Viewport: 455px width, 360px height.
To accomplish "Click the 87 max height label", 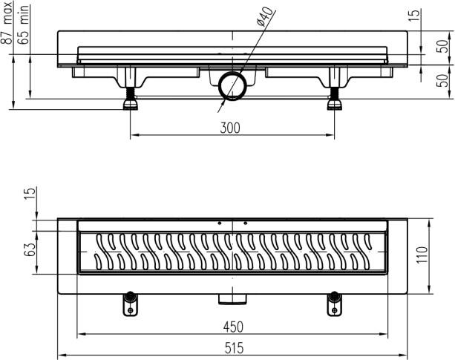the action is pyautogui.click(x=7, y=22).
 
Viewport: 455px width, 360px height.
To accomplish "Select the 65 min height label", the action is pyautogui.click(x=23, y=24).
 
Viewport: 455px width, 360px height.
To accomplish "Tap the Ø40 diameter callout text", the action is pyautogui.click(x=265, y=17).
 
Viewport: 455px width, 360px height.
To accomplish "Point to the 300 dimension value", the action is pyautogui.click(x=230, y=128).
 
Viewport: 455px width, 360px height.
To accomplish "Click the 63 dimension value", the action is pyautogui.click(x=30, y=249).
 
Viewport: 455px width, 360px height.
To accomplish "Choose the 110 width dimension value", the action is pyautogui.click(x=422, y=255).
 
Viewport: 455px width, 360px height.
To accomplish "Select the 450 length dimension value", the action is pyautogui.click(x=233, y=327).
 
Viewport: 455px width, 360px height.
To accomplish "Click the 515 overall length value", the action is pyautogui.click(x=234, y=348).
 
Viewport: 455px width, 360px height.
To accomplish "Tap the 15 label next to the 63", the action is pyautogui.click(x=30, y=194).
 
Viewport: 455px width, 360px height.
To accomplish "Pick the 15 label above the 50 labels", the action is pyautogui.click(x=415, y=15).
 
